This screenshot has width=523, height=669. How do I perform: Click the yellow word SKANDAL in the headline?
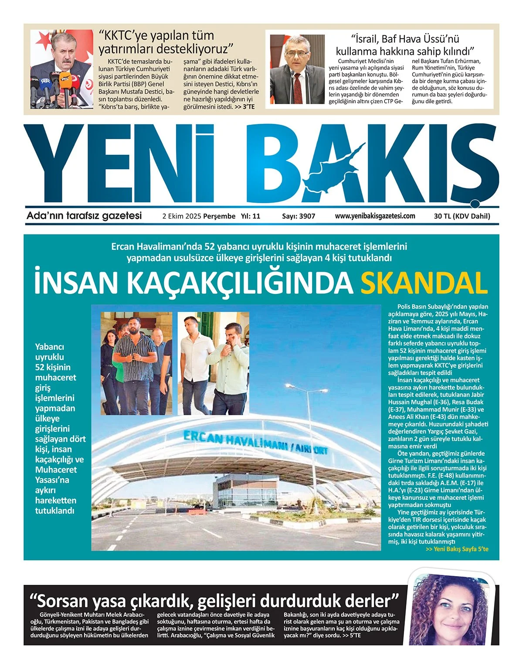click(424, 283)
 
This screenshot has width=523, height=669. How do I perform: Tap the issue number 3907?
click(307, 216)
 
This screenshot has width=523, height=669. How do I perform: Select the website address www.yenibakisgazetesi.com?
click(375, 216)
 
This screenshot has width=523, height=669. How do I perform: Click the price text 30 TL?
click(442, 216)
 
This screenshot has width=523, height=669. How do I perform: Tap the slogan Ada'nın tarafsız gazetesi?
click(84, 216)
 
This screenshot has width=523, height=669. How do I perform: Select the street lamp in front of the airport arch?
click(309, 436)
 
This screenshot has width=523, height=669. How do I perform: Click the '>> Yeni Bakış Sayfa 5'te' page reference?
click(457, 549)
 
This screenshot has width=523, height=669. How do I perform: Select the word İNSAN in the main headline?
click(76, 283)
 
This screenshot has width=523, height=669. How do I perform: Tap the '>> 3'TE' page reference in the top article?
click(245, 106)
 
